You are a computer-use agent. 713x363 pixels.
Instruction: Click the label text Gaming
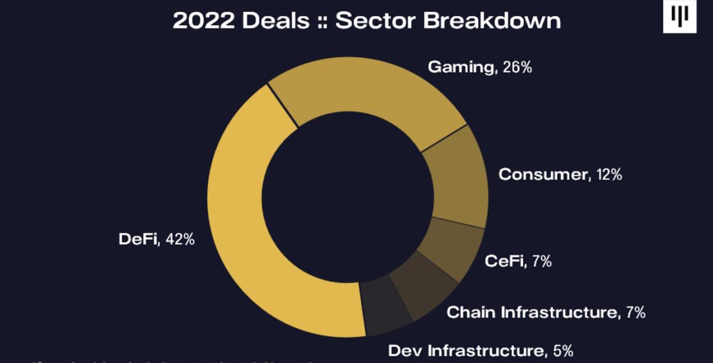point(461,67)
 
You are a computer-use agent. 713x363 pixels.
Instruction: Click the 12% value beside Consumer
point(609,174)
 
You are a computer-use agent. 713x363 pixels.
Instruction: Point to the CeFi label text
point(505,261)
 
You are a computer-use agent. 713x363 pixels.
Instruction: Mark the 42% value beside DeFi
point(180,239)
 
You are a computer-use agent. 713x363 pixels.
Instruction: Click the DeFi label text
point(138,239)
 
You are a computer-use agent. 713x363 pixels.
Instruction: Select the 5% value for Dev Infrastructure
point(563,351)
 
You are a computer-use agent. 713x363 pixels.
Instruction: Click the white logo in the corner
point(679,16)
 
